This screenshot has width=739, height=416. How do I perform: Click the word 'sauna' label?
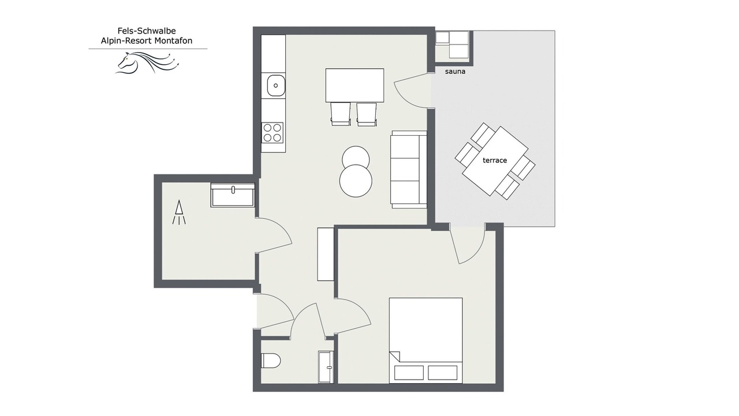click(x=455, y=71)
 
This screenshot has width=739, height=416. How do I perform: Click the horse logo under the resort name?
click(x=147, y=62)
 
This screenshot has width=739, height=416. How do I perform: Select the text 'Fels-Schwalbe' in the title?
click(x=147, y=31)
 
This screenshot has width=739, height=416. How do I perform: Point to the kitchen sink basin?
click(x=275, y=86)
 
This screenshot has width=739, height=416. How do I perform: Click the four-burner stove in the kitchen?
click(x=273, y=132)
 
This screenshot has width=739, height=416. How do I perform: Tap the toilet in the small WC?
click(x=271, y=361)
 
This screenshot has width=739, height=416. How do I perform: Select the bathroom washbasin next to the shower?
click(x=233, y=195)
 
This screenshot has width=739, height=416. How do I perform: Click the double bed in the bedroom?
click(x=426, y=340)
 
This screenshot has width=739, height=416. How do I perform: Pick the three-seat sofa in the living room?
click(x=408, y=169)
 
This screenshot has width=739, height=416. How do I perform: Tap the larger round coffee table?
click(x=356, y=181)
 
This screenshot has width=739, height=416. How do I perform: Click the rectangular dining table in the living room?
click(x=354, y=85)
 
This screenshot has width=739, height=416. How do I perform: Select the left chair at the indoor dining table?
click(x=341, y=114)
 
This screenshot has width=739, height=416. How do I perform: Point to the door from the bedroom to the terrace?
click(x=468, y=244)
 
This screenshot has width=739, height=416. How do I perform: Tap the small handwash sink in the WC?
click(x=326, y=367)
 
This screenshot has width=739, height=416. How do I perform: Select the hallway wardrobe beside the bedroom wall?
click(x=326, y=254)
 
